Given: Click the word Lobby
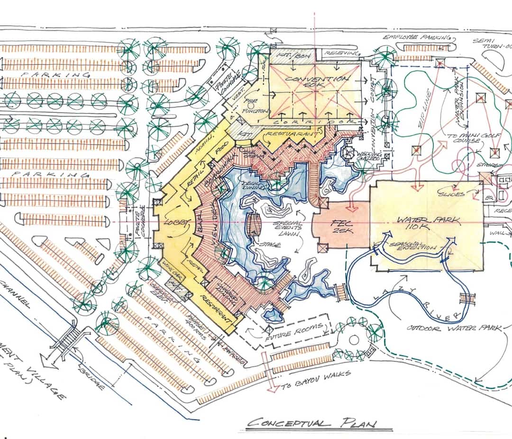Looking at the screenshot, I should (x=176, y=222).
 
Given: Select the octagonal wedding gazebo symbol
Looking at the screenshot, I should (x=350, y=153).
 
